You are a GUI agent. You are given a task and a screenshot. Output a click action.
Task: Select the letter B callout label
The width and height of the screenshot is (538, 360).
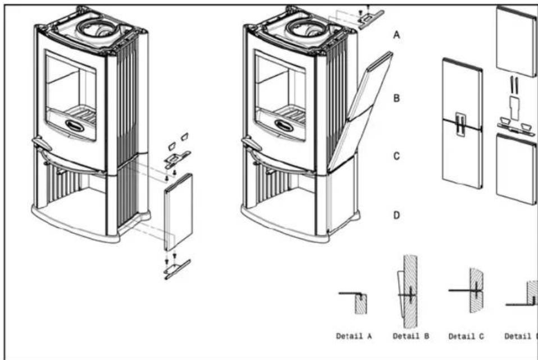tap(396, 98)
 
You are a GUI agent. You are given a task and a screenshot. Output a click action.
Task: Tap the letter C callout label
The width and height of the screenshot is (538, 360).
tap(396, 156)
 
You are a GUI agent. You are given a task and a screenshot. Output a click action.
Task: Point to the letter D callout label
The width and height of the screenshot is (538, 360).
tap(396, 215)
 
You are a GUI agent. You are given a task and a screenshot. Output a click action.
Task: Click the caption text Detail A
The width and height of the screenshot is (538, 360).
tap(354, 337)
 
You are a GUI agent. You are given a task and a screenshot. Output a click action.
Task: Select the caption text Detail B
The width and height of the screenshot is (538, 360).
tap(411, 337)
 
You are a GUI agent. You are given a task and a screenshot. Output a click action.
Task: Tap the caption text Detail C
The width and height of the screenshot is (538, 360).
tap(467, 337)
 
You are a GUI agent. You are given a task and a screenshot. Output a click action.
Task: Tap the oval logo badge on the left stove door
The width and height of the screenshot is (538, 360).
tap(75, 124)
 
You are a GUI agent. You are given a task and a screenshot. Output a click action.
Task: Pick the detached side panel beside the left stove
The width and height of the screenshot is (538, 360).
tap(179, 212)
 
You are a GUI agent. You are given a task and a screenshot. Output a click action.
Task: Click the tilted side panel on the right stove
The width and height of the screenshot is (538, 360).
tap(359, 112)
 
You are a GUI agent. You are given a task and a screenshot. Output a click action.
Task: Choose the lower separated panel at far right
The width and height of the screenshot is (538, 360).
tap(517, 168)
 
